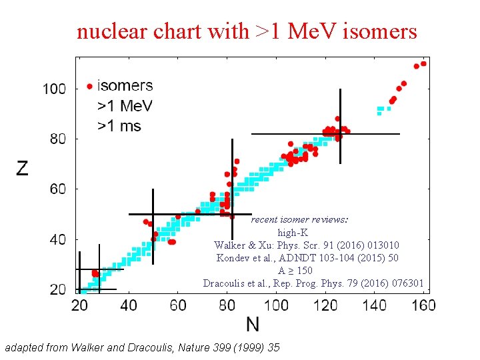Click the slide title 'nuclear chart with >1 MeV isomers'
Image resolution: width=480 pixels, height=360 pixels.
point(247,31)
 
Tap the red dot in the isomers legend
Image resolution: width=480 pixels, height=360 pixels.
point(89,87)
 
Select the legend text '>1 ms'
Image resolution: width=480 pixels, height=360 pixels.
point(119,125)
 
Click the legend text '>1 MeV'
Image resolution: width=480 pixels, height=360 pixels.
point(125,106)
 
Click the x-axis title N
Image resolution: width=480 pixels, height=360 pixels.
point(253,325)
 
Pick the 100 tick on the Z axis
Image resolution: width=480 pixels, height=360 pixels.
point(55,89)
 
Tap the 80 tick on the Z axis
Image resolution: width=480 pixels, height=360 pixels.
point(58,139)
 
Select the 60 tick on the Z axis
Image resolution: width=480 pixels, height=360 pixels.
point(58,189)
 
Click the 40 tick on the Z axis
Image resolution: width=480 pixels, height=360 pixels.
point(58,239)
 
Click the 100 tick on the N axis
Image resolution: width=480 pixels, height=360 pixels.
point(276,305)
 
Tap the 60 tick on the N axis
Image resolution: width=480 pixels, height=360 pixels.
point(178,305)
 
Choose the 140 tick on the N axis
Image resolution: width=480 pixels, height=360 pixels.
point(375,305)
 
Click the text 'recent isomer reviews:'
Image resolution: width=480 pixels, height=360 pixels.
point(299,219)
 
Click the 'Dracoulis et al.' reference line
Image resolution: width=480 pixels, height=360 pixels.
point(313,283)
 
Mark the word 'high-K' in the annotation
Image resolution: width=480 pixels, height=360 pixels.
point(293,233)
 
